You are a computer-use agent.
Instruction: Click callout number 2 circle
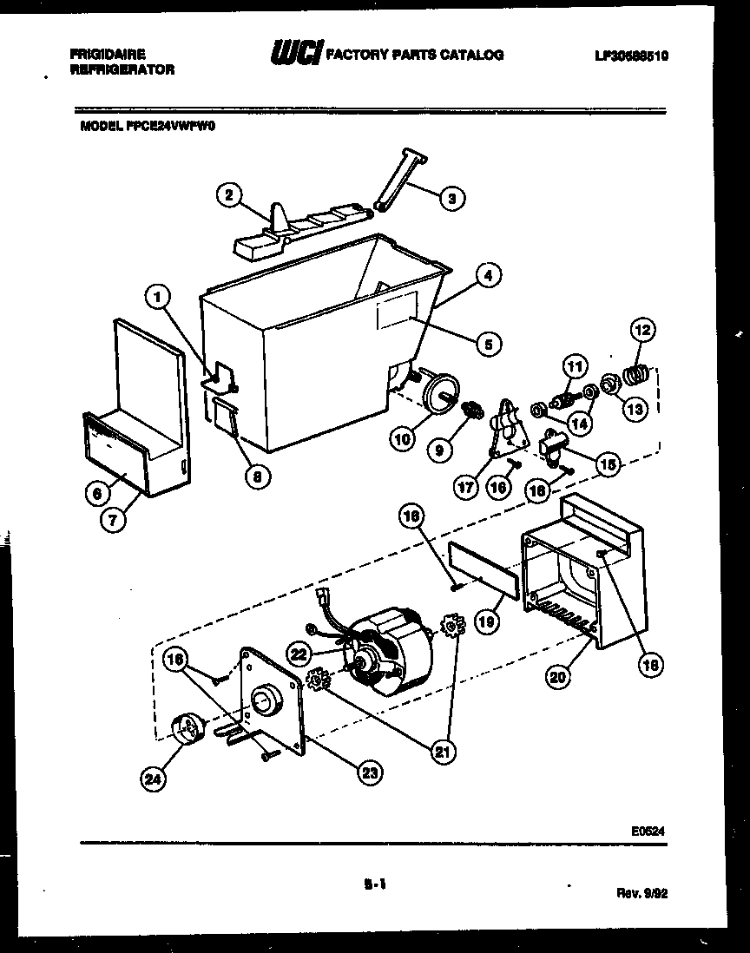(x=227, y=196)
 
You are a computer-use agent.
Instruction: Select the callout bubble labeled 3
(x=451, y=199)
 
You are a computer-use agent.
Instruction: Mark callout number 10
(x=402, y=440)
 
